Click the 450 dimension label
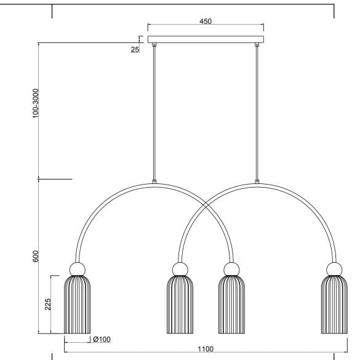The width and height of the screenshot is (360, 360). click(x=206, y=21)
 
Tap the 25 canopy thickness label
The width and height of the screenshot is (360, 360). click(x=135, y=49)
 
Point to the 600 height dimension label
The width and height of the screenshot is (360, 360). click(x=36, y=257)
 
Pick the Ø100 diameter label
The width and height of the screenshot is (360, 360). click(x=101, y=339)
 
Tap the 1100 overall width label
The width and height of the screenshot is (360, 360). click(x=206, y=349)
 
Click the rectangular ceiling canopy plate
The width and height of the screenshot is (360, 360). click(x=206, y=39)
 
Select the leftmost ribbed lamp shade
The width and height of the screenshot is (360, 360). click(x=78, y=305)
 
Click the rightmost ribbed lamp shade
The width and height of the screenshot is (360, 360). click(x=334, y=305)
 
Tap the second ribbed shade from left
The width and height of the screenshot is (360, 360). click(x=180, y=305)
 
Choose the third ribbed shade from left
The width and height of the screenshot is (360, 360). click(x=231, y=305)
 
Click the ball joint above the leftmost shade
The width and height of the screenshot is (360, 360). click(x=78, y=268)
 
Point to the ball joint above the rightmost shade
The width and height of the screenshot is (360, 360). click(x=334, y=268)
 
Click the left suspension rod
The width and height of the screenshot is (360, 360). click(x=154, y=111)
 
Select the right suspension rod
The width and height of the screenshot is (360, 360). click(x=257, y=111)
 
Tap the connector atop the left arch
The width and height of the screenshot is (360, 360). click(x=154, y=182)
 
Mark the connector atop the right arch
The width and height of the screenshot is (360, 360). click(x=257, y=182)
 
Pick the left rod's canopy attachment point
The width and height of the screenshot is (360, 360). click(x=154, y=45)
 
